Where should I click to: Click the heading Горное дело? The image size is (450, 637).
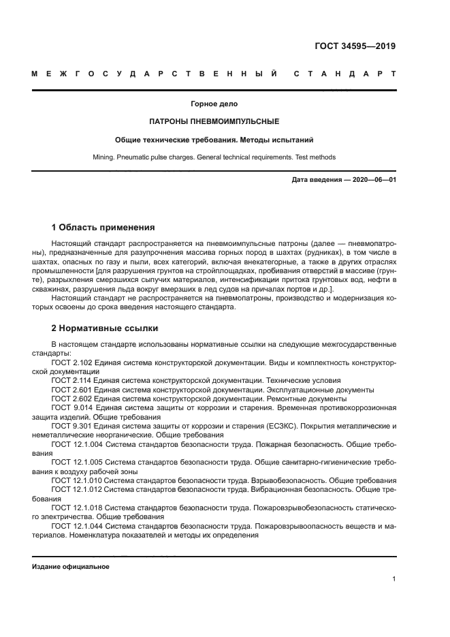(x=214, y=104)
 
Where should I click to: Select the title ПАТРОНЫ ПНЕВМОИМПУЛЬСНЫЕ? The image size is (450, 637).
(x=214, y=121)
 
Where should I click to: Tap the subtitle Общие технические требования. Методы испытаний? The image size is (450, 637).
(x=214, y=139)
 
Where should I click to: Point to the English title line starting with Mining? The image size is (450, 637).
(x=214, y=157)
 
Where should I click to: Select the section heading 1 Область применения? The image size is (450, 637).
(x=103, y=227)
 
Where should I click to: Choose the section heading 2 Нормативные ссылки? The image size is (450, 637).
(x=105, y=328)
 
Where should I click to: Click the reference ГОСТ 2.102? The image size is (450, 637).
(x=71, y=363)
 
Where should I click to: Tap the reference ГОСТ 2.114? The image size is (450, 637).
(x=71, y=381)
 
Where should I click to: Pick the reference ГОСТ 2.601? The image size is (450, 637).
(x=71, y=390)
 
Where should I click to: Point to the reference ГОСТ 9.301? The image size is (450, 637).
(x=71, y=426)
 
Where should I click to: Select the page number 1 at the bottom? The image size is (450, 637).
(x=394, y=579)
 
